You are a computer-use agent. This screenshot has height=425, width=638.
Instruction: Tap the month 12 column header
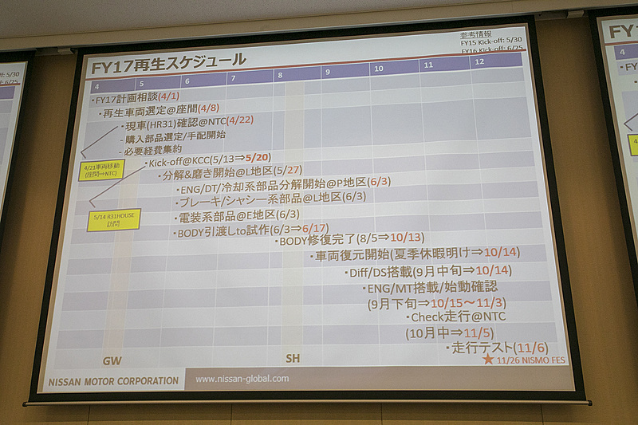tap(479, 62)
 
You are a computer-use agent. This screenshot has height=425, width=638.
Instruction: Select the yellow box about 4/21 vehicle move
tap(100, 170)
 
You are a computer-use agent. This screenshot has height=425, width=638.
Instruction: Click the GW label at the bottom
tap(112, 360)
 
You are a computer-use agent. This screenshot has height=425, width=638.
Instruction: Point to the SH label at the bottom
tap(293, 358)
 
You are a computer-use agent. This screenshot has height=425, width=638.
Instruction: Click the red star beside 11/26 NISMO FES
tap(487, 359)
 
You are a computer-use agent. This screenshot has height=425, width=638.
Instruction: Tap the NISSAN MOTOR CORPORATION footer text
tap(113, 381)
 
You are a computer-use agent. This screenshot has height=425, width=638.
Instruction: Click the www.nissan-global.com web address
tap(242, 379)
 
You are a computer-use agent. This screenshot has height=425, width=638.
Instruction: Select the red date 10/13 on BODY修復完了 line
tap(405, 238)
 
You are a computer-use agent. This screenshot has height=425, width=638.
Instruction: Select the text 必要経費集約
tap(154, 149)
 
